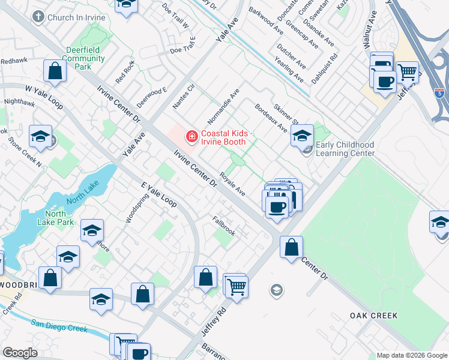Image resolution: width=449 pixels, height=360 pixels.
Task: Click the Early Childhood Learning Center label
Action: coord(345,149)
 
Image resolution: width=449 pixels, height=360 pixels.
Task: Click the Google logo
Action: coord(20,353)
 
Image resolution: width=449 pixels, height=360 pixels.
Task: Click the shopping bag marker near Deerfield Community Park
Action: coord(55,71)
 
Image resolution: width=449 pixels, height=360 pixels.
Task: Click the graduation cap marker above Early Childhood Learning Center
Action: coord(302,136)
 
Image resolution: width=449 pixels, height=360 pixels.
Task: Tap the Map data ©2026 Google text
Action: coord(412,355)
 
